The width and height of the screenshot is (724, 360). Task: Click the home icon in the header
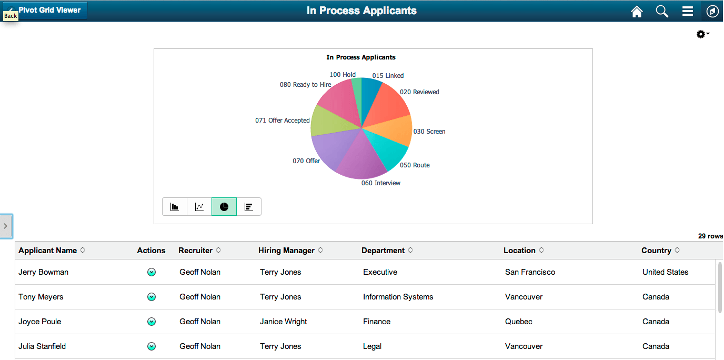(637, 11)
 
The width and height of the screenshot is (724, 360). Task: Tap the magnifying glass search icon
(662, 11)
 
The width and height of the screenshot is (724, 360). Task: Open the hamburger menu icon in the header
(687, 11)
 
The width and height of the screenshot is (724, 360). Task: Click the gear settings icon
(702, 34)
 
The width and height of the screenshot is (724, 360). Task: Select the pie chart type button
(224, 207)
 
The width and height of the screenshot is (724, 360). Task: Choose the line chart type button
(199, 207)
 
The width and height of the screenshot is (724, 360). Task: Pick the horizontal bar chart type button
(249, 207)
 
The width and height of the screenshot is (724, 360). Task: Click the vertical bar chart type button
(175, 207)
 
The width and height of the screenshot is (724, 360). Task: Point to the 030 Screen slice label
(429, 132)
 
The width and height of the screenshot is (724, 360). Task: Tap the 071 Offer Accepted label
(282, 121)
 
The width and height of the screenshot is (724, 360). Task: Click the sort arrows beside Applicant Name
(83, 251)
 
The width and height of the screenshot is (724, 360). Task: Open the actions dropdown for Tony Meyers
(152, 297)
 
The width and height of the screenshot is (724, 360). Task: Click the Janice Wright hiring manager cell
(283, 322)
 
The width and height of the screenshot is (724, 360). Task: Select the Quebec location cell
(518, 322)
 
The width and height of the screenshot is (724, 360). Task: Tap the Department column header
(383, 251)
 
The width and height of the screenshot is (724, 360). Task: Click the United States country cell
(665, 272)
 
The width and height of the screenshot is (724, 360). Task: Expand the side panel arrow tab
(6, 226)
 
